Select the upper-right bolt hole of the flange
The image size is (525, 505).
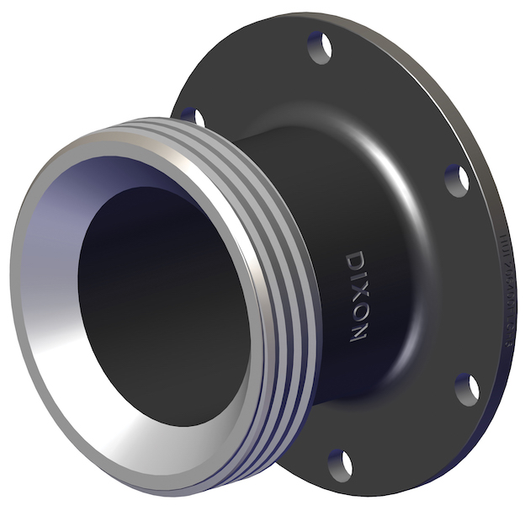tap(455, 179)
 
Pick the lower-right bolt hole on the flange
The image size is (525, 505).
tap(466, 390)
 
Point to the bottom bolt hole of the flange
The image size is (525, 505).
tap(339, 463)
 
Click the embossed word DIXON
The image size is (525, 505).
tap(358, 294)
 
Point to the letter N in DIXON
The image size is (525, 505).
tap(358, 332)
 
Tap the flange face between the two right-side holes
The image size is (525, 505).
tap(471, 286)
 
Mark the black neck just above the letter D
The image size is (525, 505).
tap(353, 227)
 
